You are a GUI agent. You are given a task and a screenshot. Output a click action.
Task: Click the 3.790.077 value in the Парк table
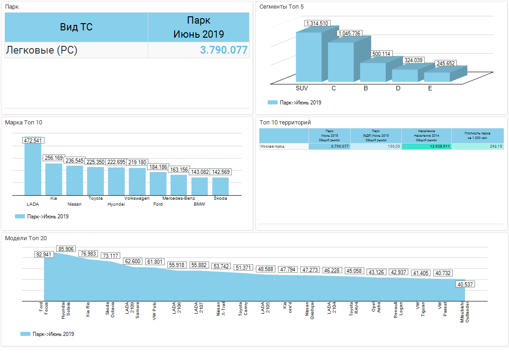[x=224, y=50]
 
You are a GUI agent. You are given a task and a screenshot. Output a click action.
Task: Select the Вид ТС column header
[x=76, y=27]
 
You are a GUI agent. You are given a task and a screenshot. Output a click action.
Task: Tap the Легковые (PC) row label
[x=42, y=50]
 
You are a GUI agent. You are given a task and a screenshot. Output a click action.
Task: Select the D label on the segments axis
[x=398, y=88]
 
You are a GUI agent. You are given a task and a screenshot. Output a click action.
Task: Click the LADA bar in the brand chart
[x=33, y=169]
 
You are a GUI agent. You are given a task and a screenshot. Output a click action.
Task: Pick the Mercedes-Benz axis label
[x=179, y=198]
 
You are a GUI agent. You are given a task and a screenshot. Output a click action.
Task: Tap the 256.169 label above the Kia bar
[x=54, y=158]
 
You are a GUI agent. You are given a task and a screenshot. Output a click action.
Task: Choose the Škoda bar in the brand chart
[x=220, y=186]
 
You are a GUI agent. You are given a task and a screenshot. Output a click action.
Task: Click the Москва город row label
[x=272, y=147]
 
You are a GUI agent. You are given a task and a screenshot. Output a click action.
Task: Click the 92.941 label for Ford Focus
[x=44, y=255]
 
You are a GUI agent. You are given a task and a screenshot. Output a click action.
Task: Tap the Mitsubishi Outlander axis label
[x=465, y=313]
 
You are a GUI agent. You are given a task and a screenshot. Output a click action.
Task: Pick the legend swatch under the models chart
[x=25, y=334]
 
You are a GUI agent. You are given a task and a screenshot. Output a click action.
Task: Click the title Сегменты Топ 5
[x=281, y=7]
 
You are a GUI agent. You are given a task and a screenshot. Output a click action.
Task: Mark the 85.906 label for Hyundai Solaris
[x=66, y=249]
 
